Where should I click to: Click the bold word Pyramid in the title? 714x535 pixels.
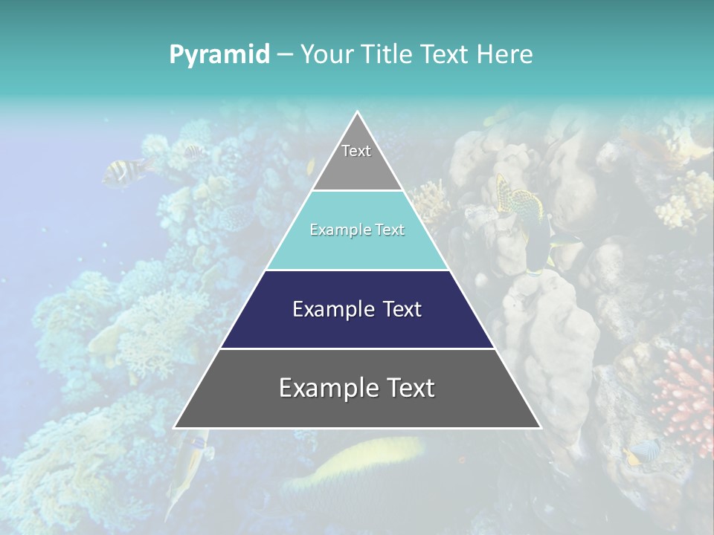click(219, 55)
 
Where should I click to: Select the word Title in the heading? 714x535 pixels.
click(387, 55)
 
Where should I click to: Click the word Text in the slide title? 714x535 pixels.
click(446, 55)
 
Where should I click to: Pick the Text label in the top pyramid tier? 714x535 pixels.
click(356, 152)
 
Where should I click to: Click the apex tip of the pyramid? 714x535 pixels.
click(358, 114)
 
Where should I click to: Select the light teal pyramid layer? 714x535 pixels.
click(357, 245)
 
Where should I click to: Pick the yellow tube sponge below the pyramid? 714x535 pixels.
click(357, 461)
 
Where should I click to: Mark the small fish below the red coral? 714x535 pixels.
click(643, 452)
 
